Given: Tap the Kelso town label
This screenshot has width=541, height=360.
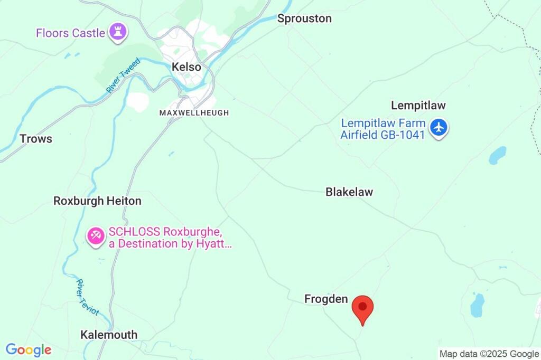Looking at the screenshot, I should tap(186, 67).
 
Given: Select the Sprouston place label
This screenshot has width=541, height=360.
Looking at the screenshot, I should tap(304, 18).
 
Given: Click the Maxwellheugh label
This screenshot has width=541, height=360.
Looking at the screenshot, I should tap(194, 113).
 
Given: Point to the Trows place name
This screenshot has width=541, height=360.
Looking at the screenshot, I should tap(36, 139).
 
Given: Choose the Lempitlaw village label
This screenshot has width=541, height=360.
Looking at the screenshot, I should tap(418, 106).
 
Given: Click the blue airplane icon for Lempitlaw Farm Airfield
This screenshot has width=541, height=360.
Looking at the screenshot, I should tap(439, 128).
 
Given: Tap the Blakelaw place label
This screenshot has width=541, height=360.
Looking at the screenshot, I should tap(349, 192).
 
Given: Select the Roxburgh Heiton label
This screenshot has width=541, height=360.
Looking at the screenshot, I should tap(97, 201).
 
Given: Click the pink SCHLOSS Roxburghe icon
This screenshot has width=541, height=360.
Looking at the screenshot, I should tap(96, 237).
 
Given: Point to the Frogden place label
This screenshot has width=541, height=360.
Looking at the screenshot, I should tap(326, 299).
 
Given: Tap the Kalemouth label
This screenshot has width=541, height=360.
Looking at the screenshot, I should tap(109, 335).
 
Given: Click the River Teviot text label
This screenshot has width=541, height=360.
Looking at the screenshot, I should tap(88, 297).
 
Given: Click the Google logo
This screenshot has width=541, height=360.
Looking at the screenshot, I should tap(29, 350).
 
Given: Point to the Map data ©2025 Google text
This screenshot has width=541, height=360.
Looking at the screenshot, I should tap(489, 354).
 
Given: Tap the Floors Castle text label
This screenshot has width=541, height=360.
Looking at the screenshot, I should tap(70, 33).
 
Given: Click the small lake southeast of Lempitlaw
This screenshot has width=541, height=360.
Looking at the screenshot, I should tap(497, 155).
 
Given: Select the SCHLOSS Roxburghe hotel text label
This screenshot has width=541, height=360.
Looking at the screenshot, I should tap(170, 238).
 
